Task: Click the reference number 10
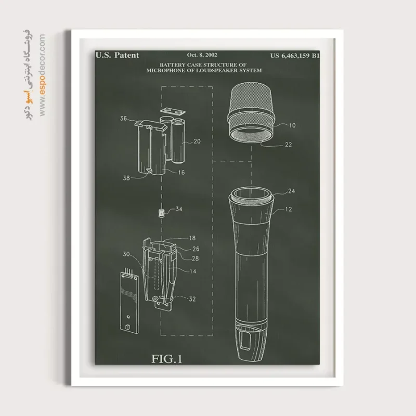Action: point(292,125)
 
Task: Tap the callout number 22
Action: point(289,145)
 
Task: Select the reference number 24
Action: point(292,191)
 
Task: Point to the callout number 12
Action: point(289,210)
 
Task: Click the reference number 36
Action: point(123,119)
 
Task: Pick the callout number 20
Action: point(197,141)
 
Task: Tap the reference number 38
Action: point(126,178)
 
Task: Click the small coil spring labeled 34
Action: point(161,213)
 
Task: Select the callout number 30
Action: point(126,254)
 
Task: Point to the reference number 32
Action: point(192,299)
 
